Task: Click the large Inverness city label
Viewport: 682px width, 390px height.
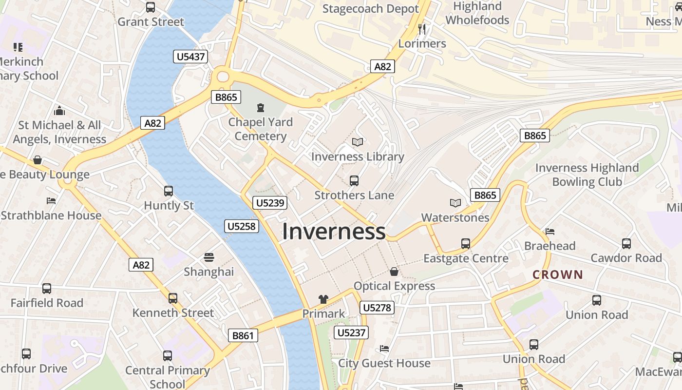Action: (334, 231)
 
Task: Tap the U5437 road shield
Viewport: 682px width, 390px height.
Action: (190, 57)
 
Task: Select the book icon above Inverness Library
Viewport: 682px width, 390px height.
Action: (358, 142)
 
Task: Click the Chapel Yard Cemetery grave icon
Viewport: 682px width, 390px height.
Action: (261, 107)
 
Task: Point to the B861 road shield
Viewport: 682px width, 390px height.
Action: (243, 335)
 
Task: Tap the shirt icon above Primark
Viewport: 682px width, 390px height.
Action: (323, 299)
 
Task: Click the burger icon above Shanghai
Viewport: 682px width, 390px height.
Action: (209, 257)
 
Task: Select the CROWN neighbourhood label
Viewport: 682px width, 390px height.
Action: (558, 274)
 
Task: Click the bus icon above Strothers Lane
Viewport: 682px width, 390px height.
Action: (354, 181)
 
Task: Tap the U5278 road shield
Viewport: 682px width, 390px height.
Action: (377, 308)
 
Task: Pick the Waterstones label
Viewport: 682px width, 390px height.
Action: (455, 217)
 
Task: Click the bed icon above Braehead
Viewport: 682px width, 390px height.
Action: (550, 231)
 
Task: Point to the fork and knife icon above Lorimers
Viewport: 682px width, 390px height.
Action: (422, 29)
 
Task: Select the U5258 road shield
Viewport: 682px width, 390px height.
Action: (242, 226)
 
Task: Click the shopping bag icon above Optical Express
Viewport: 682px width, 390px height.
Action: (394, 272)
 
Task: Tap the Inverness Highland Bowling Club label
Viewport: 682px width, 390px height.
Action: (587, 175)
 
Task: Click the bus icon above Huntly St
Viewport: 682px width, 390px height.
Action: (169, 191)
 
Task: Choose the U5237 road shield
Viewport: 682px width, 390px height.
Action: (351, 333)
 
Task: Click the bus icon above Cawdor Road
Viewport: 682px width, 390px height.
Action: (626, 243)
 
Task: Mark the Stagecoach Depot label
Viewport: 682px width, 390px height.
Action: (371, 9)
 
